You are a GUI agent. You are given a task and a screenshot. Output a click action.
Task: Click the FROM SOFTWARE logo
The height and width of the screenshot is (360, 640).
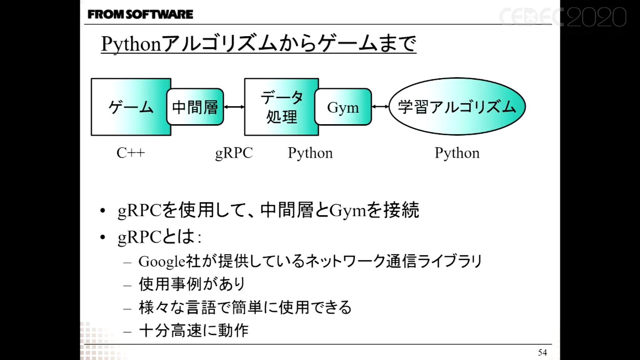coord(140,14)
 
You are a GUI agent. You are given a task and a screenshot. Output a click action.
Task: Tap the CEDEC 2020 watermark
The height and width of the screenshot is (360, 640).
coord(562,17)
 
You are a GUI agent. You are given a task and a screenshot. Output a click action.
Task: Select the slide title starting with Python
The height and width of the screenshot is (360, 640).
coord(258,44)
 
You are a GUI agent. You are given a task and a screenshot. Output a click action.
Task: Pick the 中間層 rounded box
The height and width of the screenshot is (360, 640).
coord(195,107)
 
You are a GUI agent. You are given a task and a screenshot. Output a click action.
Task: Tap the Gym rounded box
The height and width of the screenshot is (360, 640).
coord(343,107)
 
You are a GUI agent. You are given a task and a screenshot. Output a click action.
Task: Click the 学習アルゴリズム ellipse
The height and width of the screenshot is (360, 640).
coord(457,107)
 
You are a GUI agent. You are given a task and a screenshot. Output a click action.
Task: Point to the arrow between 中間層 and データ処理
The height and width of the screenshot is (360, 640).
coord(234,107)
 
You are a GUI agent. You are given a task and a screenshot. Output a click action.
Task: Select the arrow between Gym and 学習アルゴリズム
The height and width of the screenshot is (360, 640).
coord(380,107)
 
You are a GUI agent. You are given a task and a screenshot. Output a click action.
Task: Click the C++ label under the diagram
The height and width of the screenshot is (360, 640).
coord(131,153)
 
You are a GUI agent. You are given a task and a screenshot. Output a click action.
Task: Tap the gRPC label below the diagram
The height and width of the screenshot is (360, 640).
coord(234,153)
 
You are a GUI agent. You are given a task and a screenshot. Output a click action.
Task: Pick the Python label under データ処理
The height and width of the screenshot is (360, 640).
coord(310,153)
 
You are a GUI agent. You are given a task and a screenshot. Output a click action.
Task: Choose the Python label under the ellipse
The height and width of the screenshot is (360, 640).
coord(457,153)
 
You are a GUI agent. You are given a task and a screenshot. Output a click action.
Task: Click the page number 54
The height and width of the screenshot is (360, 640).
coord(542,352)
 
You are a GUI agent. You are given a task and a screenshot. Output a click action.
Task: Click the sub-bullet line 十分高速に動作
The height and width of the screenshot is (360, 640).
coord(194,330)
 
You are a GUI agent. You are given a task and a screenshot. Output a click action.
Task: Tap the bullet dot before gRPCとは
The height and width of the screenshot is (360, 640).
coord(102,237)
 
